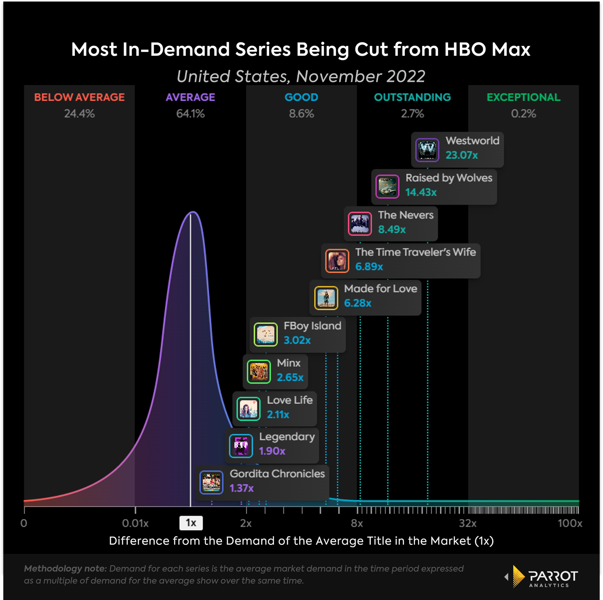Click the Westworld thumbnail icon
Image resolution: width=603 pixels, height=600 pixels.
pos(427,150)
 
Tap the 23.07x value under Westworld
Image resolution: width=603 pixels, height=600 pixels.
pos(462,155)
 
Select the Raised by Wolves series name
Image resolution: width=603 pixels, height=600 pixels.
pos(449,178)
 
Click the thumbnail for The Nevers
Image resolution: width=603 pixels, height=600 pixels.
pos(360,224)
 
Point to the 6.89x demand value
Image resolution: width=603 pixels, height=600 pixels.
pos(369,267)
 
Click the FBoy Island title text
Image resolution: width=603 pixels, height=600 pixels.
pos(312,325)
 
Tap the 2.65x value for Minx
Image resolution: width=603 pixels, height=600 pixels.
pos(290,377)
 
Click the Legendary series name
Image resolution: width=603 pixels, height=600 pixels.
pos(287,436)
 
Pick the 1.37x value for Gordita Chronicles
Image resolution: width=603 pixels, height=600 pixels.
pos(242,488)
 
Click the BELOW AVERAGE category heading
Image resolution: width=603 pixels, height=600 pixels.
pos(79,97)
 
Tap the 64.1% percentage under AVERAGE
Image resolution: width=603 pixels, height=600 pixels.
pos(190,114)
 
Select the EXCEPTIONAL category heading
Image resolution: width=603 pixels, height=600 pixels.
pos(523,97)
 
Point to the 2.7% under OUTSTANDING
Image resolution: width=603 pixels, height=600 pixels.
pos(412,114)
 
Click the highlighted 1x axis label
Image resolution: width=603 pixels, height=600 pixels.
pos(191,523)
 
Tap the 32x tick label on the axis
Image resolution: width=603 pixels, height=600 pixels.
pos(468,523)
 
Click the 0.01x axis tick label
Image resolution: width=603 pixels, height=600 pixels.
pos(135,523)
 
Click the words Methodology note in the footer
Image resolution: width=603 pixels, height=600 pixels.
pos(65,568)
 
